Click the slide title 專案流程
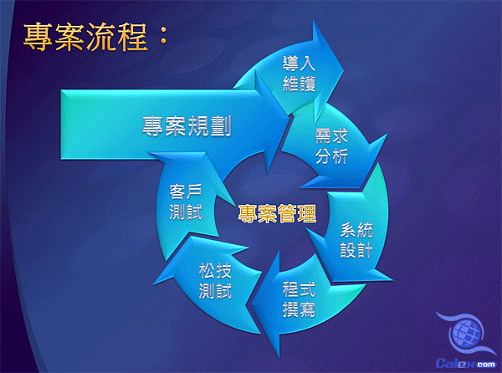pos(85,38)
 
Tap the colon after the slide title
pos(163,36)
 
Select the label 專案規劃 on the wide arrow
pos(187,125)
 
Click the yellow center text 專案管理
pos(277,213)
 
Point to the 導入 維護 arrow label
pos(299,74)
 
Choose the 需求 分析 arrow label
pos(331,146)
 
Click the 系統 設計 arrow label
pos(356,240)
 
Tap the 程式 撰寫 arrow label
pos(299,299)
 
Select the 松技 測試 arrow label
pos(215,281)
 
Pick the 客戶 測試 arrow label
pos(186,202)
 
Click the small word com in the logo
pos(485,364)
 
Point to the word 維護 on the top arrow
pos(299,84)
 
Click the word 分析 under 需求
pos(331,156)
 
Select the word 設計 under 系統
pos(356,250)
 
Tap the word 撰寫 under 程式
pos(299,309)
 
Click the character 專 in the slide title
pos(38,38)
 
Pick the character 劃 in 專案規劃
pos(221,125)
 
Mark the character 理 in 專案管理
pos(307,213)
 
